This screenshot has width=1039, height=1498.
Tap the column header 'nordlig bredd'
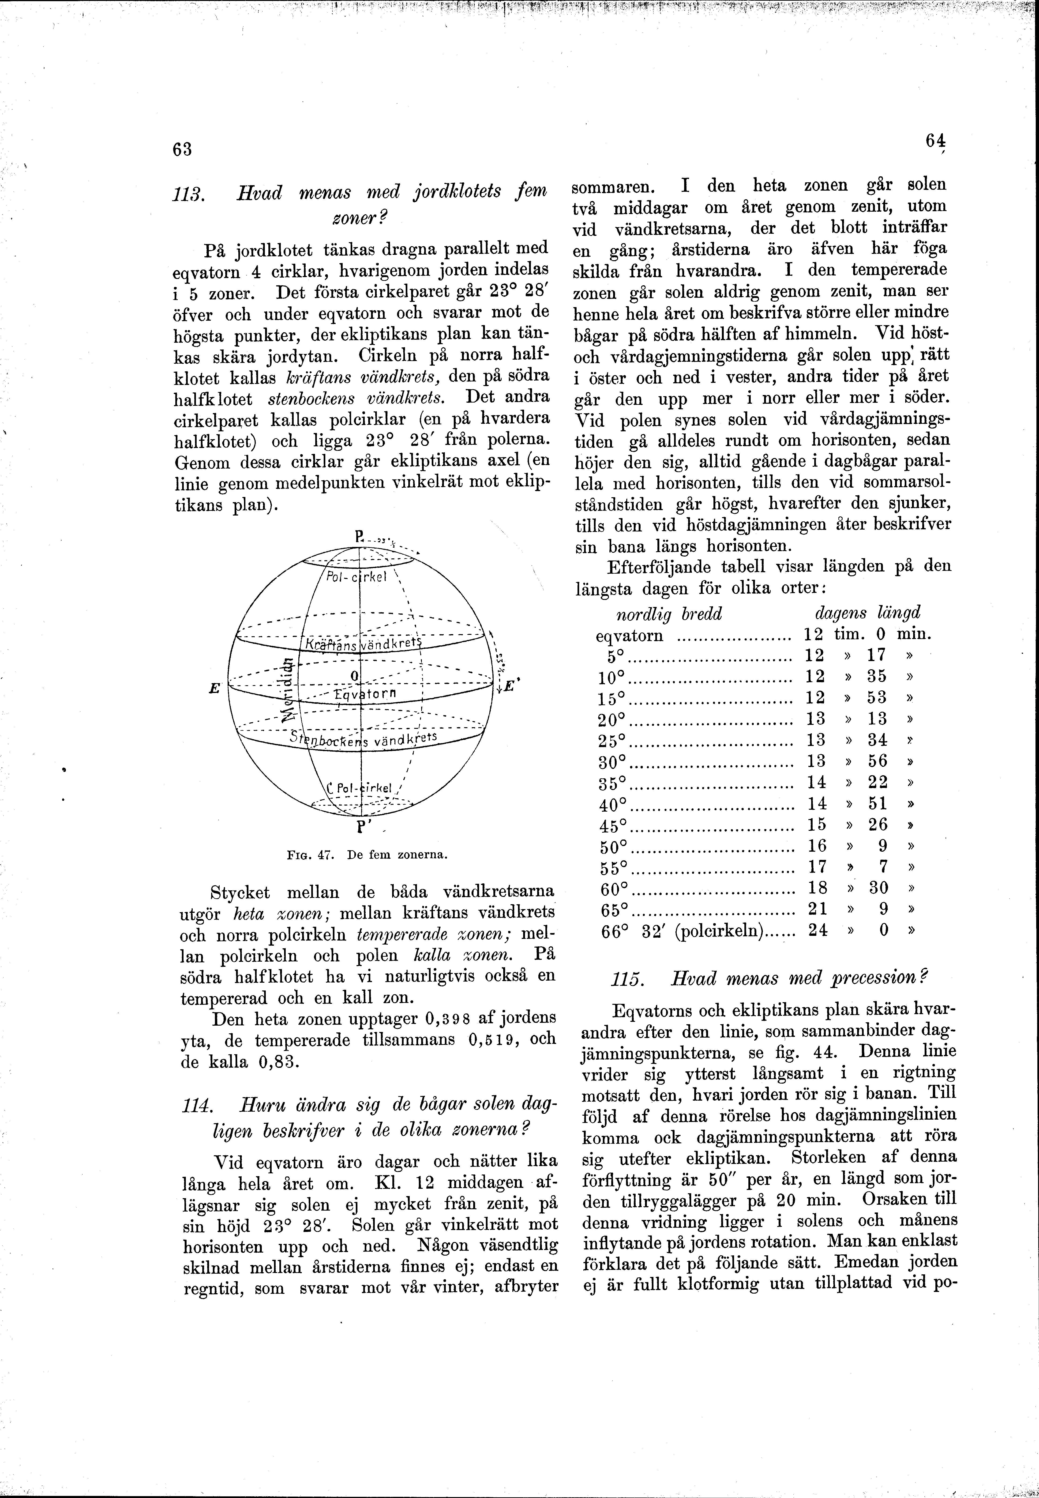point(669,614)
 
